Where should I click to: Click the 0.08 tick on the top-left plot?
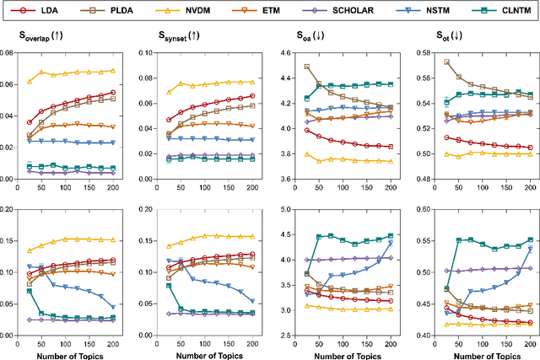(x=8, y=52)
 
